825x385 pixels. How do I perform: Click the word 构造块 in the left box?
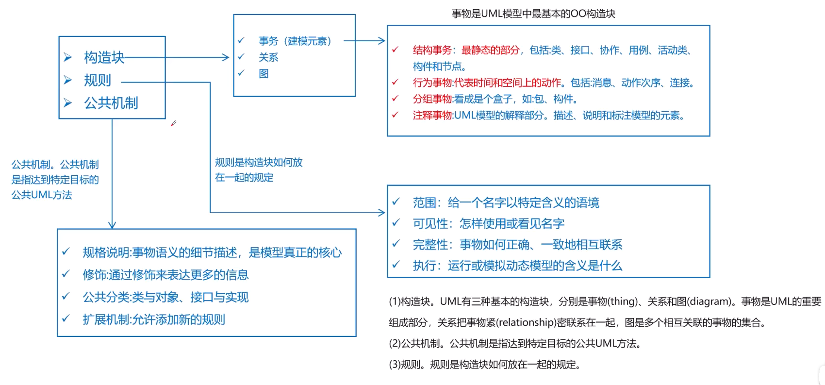pyautogui.click(x=104, y=57)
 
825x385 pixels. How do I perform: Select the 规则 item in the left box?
pyautogui.click(x=98, y=80)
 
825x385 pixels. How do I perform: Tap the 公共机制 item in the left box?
pyautogui.click(x=111, y=103)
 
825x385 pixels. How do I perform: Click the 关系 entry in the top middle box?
pyautogui.click(x=268, y=57)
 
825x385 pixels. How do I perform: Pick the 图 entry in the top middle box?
pyautogui.click(x=264, y=74)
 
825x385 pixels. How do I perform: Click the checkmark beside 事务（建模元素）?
pyautogui.click(x=241, y=41)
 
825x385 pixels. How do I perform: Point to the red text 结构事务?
pyautogui.click(x=432, y=50)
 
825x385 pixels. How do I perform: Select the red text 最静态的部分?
pyautogui.click(x=490, y=50)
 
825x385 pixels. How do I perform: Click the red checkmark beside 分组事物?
pyautogui.click(x=396, y=99)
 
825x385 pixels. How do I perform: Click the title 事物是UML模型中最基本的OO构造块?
pyautogui.click(x=533, y=14)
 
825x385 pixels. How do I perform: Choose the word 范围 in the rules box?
pyautogui.click(x=425, y=202)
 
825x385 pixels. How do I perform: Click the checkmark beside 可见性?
pyautogui.click(x=396, y=223)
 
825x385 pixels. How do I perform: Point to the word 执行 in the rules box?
pyautogui.click(x=425, y=266)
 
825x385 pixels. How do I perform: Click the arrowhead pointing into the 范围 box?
pyautogui.click(x=381, y=212)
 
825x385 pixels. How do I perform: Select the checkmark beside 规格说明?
pyautogui.click(x=66, y=252)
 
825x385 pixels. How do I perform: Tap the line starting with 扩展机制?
pyautogui.click(x=154, y=319)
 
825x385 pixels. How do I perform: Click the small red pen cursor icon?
pyautogui.click(x=173, y=123)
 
